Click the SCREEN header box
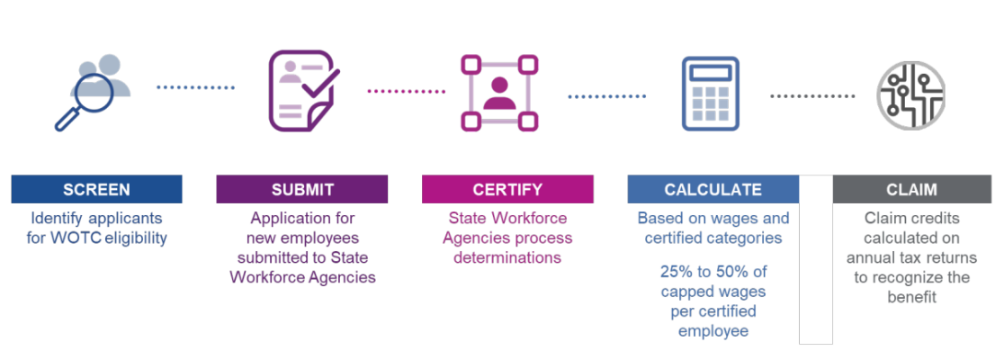(x=96, y=189)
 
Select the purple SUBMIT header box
(x=302, y=189)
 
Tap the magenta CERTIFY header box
(x=507, y=189)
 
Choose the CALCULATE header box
(x=713, y=189)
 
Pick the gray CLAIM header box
(x=912, y=189)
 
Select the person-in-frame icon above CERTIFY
(x=499, y=93)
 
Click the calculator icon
(x=710, y=94)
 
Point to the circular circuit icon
(x=911, y=94)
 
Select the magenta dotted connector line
(x=407, y=92)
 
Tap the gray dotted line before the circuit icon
(x=811, y=96)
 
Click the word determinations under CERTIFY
(x=507, y=258)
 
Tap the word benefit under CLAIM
(x=912, y=298)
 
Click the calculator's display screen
(x=710, y=72)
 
